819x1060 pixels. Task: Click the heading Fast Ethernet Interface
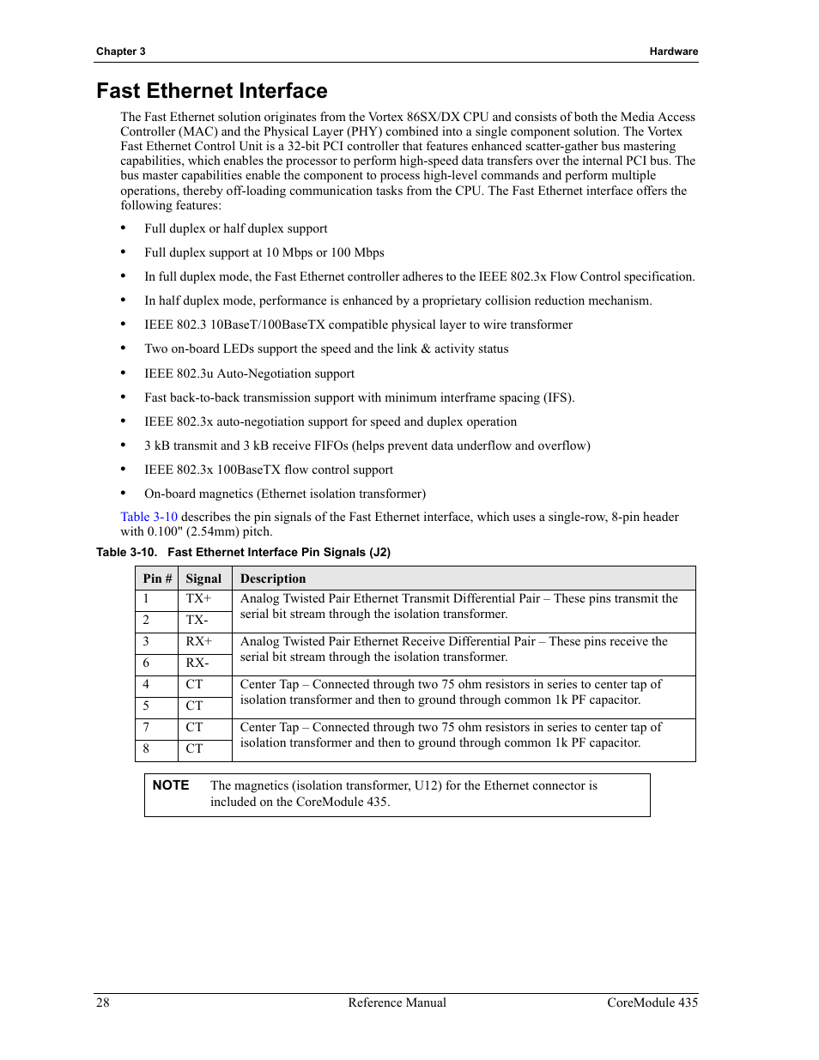[211, 91]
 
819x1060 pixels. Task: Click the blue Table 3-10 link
[149, 517]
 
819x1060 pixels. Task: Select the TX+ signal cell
[198, 599]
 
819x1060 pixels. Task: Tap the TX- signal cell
[197, 621]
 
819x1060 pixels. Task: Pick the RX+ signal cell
[199, 642]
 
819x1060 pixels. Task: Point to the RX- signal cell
[197, 663]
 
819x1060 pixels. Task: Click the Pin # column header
[157, 578]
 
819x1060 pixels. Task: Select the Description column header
[273, 578]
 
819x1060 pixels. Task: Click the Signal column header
[203, 578]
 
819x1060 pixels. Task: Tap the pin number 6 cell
[146, 663]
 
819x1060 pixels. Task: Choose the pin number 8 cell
[146, 749]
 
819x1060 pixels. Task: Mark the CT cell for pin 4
[195, 685]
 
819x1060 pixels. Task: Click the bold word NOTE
[171, 785]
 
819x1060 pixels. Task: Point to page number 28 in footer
[103, 1002]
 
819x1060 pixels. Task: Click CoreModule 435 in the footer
[652, 1002]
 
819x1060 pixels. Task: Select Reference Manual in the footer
[397, 1002]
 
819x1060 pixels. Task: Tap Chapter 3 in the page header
[120, 51]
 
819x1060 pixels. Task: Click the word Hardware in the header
[673, 51]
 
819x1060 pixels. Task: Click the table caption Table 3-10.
[243, 553]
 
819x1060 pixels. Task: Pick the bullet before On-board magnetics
[124, 494]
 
